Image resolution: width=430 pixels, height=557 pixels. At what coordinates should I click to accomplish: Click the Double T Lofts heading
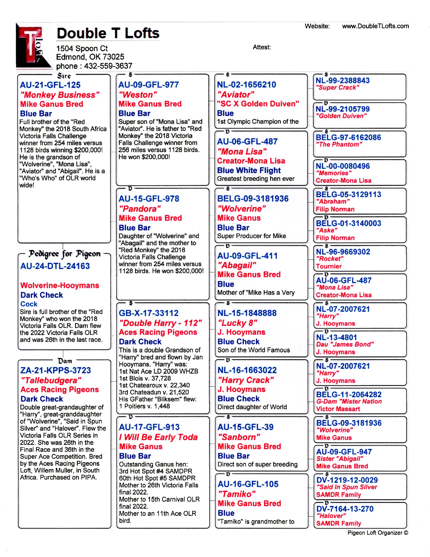(108, 33)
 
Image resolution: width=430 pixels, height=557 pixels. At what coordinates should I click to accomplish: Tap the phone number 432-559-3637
(108, 66)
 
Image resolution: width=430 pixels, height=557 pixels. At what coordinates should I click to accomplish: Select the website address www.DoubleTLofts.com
(375, 26)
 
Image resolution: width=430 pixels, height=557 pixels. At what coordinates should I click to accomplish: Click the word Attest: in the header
(262, 47)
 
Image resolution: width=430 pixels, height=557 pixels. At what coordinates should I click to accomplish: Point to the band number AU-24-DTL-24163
(55, 266)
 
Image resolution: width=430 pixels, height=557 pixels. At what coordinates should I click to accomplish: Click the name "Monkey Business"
(60, 95)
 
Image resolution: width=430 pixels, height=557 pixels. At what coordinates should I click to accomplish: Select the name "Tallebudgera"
(51, 380)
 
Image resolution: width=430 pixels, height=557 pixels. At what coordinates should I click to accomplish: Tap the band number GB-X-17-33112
(148, 313)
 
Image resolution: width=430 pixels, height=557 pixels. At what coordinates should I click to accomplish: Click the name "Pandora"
(140, 209)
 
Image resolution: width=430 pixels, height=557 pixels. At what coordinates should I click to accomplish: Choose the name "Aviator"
(236, 95)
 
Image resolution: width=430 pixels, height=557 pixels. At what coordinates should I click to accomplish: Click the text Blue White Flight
(249, 170)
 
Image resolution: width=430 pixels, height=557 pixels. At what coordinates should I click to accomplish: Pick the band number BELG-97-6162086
(348, 137)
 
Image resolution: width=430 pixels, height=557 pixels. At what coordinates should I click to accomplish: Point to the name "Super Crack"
(337, 88)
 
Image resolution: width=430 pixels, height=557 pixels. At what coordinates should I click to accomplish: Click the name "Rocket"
(330, 258)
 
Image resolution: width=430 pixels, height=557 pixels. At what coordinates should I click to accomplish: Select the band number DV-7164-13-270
(345, 509)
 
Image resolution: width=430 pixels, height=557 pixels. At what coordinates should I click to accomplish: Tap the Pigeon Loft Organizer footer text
(378, 533)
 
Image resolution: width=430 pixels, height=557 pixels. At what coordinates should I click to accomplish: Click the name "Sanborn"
(239, 437)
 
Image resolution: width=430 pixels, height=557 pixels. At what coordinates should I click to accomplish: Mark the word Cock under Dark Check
(29, 304)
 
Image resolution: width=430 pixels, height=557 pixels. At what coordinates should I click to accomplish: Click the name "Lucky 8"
(237, 323)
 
